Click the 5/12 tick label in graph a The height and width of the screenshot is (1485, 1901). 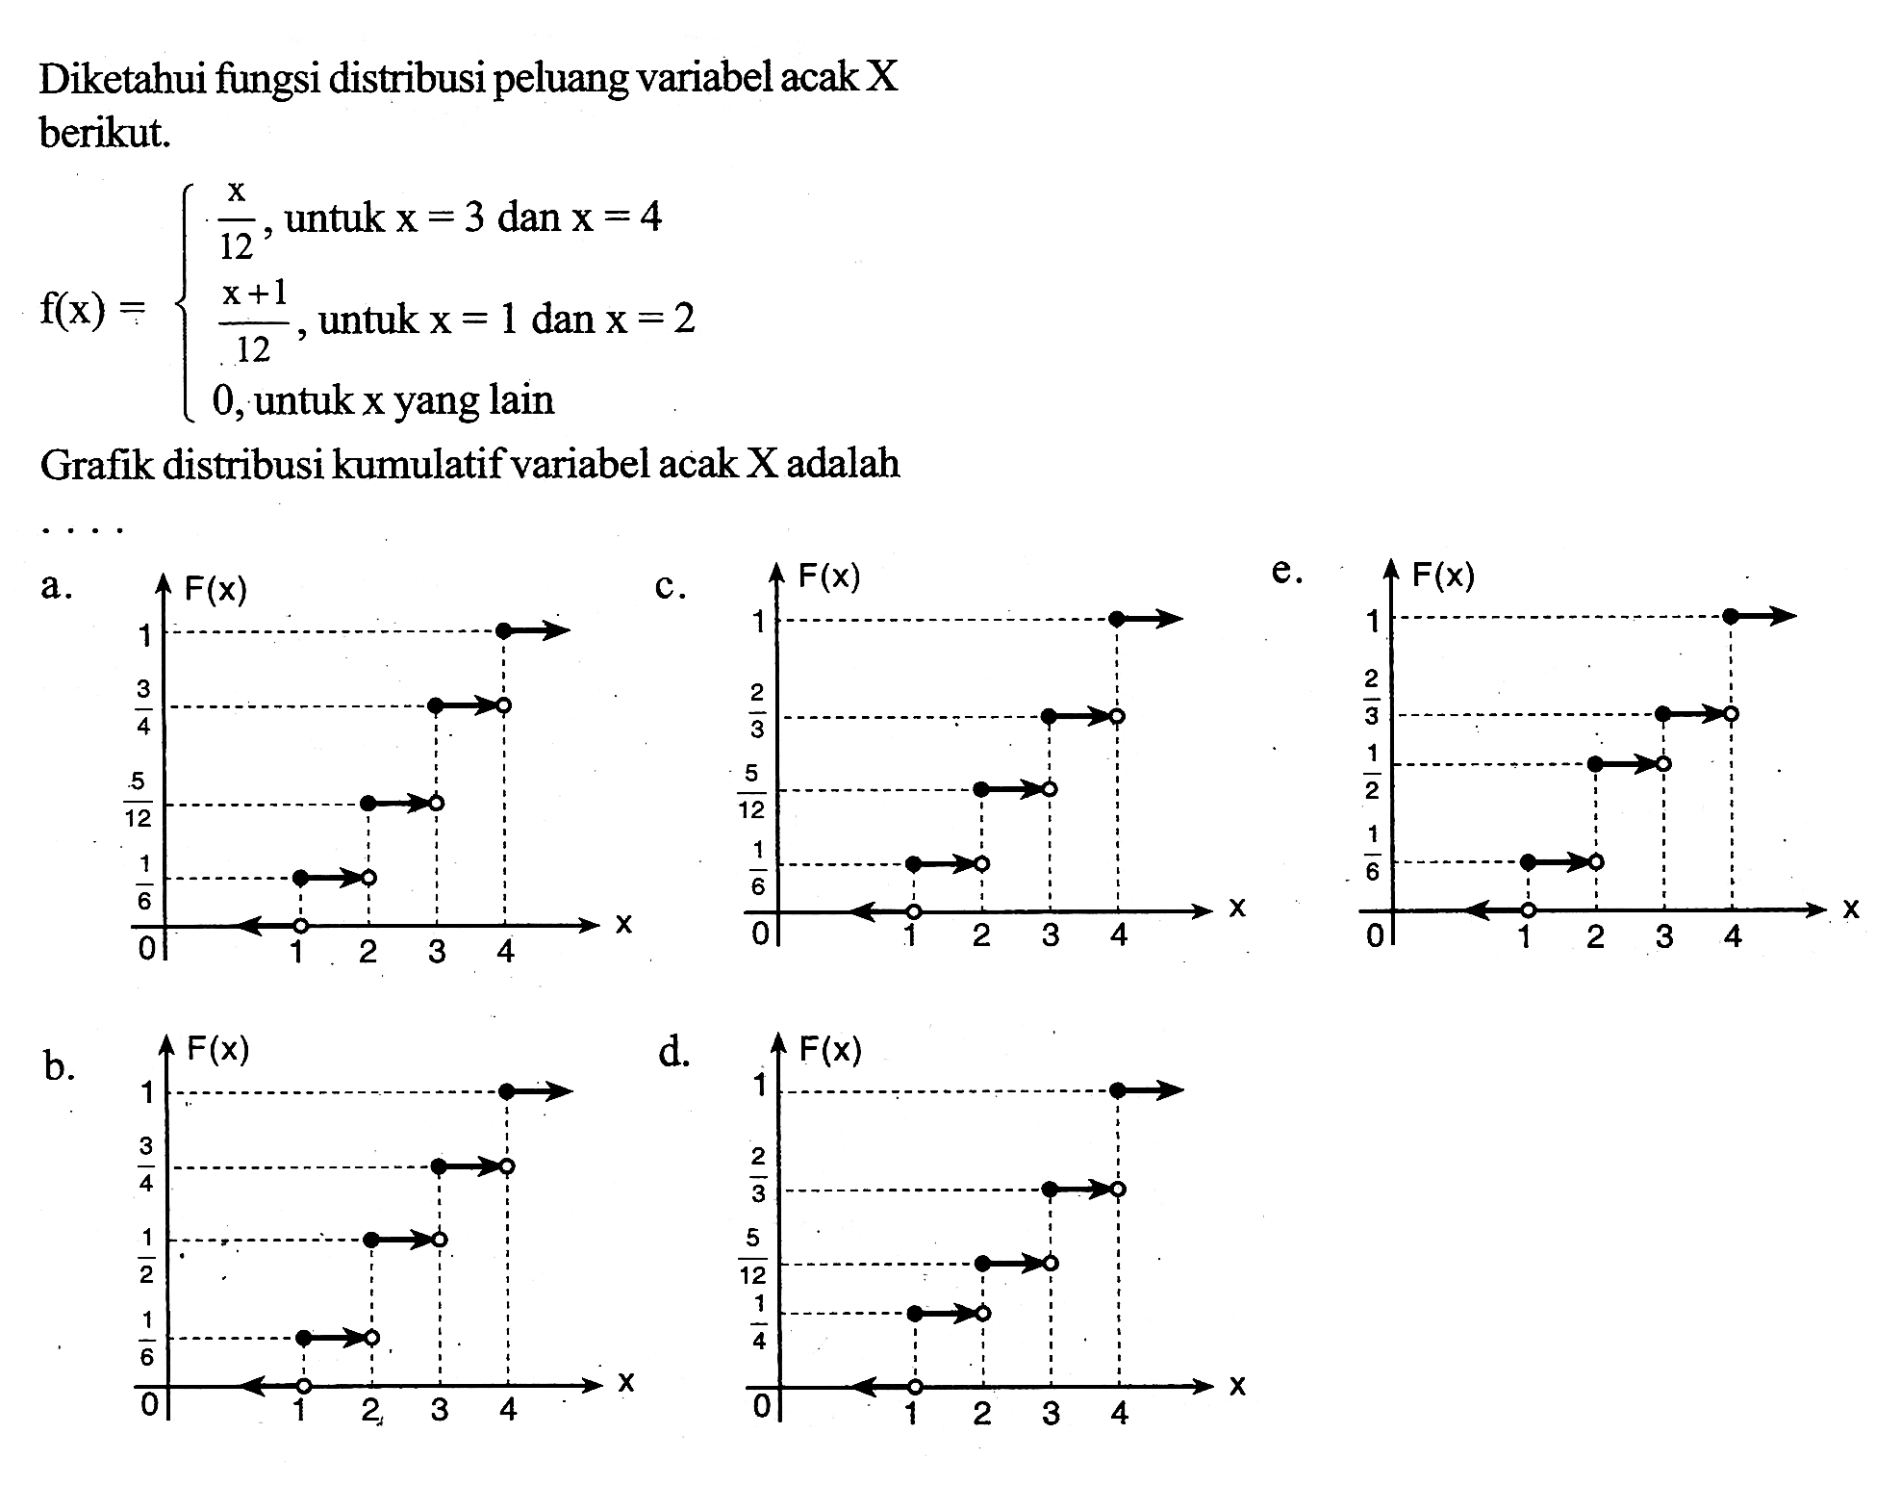coord(139,798)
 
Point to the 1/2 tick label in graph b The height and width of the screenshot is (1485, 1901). coord(146,1256)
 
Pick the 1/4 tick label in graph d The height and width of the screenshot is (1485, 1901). coord(759,1322)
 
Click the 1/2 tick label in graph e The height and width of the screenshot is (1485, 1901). coord(1370,771)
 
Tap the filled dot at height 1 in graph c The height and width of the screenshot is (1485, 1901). coord(1116,619)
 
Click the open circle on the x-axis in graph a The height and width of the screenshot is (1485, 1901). coord(301,926)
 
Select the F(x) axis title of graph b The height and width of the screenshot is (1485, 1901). coord(218,1048)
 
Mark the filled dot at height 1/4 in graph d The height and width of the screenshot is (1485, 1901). coord(914,1313)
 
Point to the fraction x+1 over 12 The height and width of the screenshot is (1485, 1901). coord(254,318)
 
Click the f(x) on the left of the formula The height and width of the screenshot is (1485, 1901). coord(71,313)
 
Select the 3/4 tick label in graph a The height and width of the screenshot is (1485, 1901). coord(142,706)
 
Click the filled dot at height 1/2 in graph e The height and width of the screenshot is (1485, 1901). coord(1596,764)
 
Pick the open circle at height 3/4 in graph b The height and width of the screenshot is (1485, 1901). coord(507,1166)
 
